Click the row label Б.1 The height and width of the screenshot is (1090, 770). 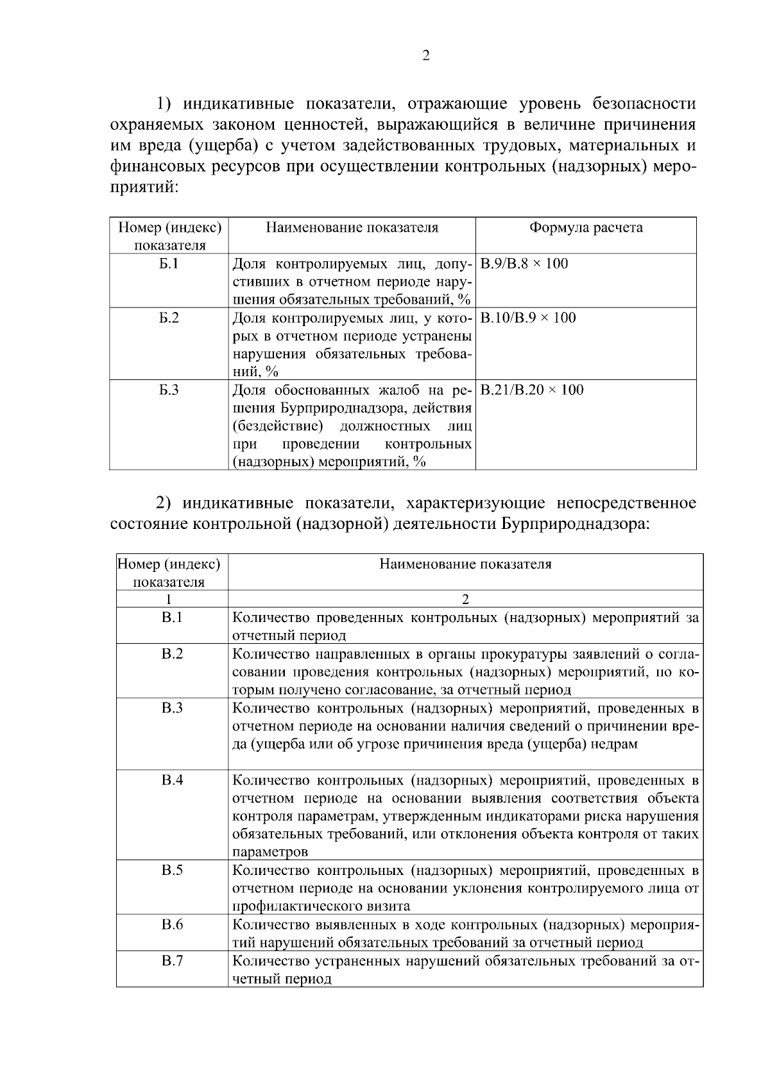(x=169, y=264)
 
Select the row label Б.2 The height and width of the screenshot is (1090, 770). (x=169, y=318)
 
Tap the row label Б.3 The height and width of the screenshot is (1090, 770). (x=169, y=390)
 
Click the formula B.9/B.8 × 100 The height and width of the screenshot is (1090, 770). (x=524, y=264)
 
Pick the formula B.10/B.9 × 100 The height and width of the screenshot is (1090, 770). (x=527, y=318)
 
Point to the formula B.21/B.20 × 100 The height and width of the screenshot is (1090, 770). (x=531, y=390)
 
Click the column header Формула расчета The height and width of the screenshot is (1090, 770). (x=585, y=228)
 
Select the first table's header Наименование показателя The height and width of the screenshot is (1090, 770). (x=352, y=228)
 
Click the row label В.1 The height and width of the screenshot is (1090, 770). (x=172, y=618)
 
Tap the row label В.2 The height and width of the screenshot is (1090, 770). (x=172, y=653)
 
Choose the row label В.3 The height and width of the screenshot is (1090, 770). (x=172, y=708)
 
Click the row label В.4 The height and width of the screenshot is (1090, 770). (x=172, y=780)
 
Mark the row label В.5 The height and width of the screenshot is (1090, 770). (x=172, y=870)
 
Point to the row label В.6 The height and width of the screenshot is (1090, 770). (x=172, y=924)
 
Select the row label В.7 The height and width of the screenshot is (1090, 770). (x=172, y=961)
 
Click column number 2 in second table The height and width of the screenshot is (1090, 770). (x=465, y=600)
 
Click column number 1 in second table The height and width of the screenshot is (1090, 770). (x=169, y=600)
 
